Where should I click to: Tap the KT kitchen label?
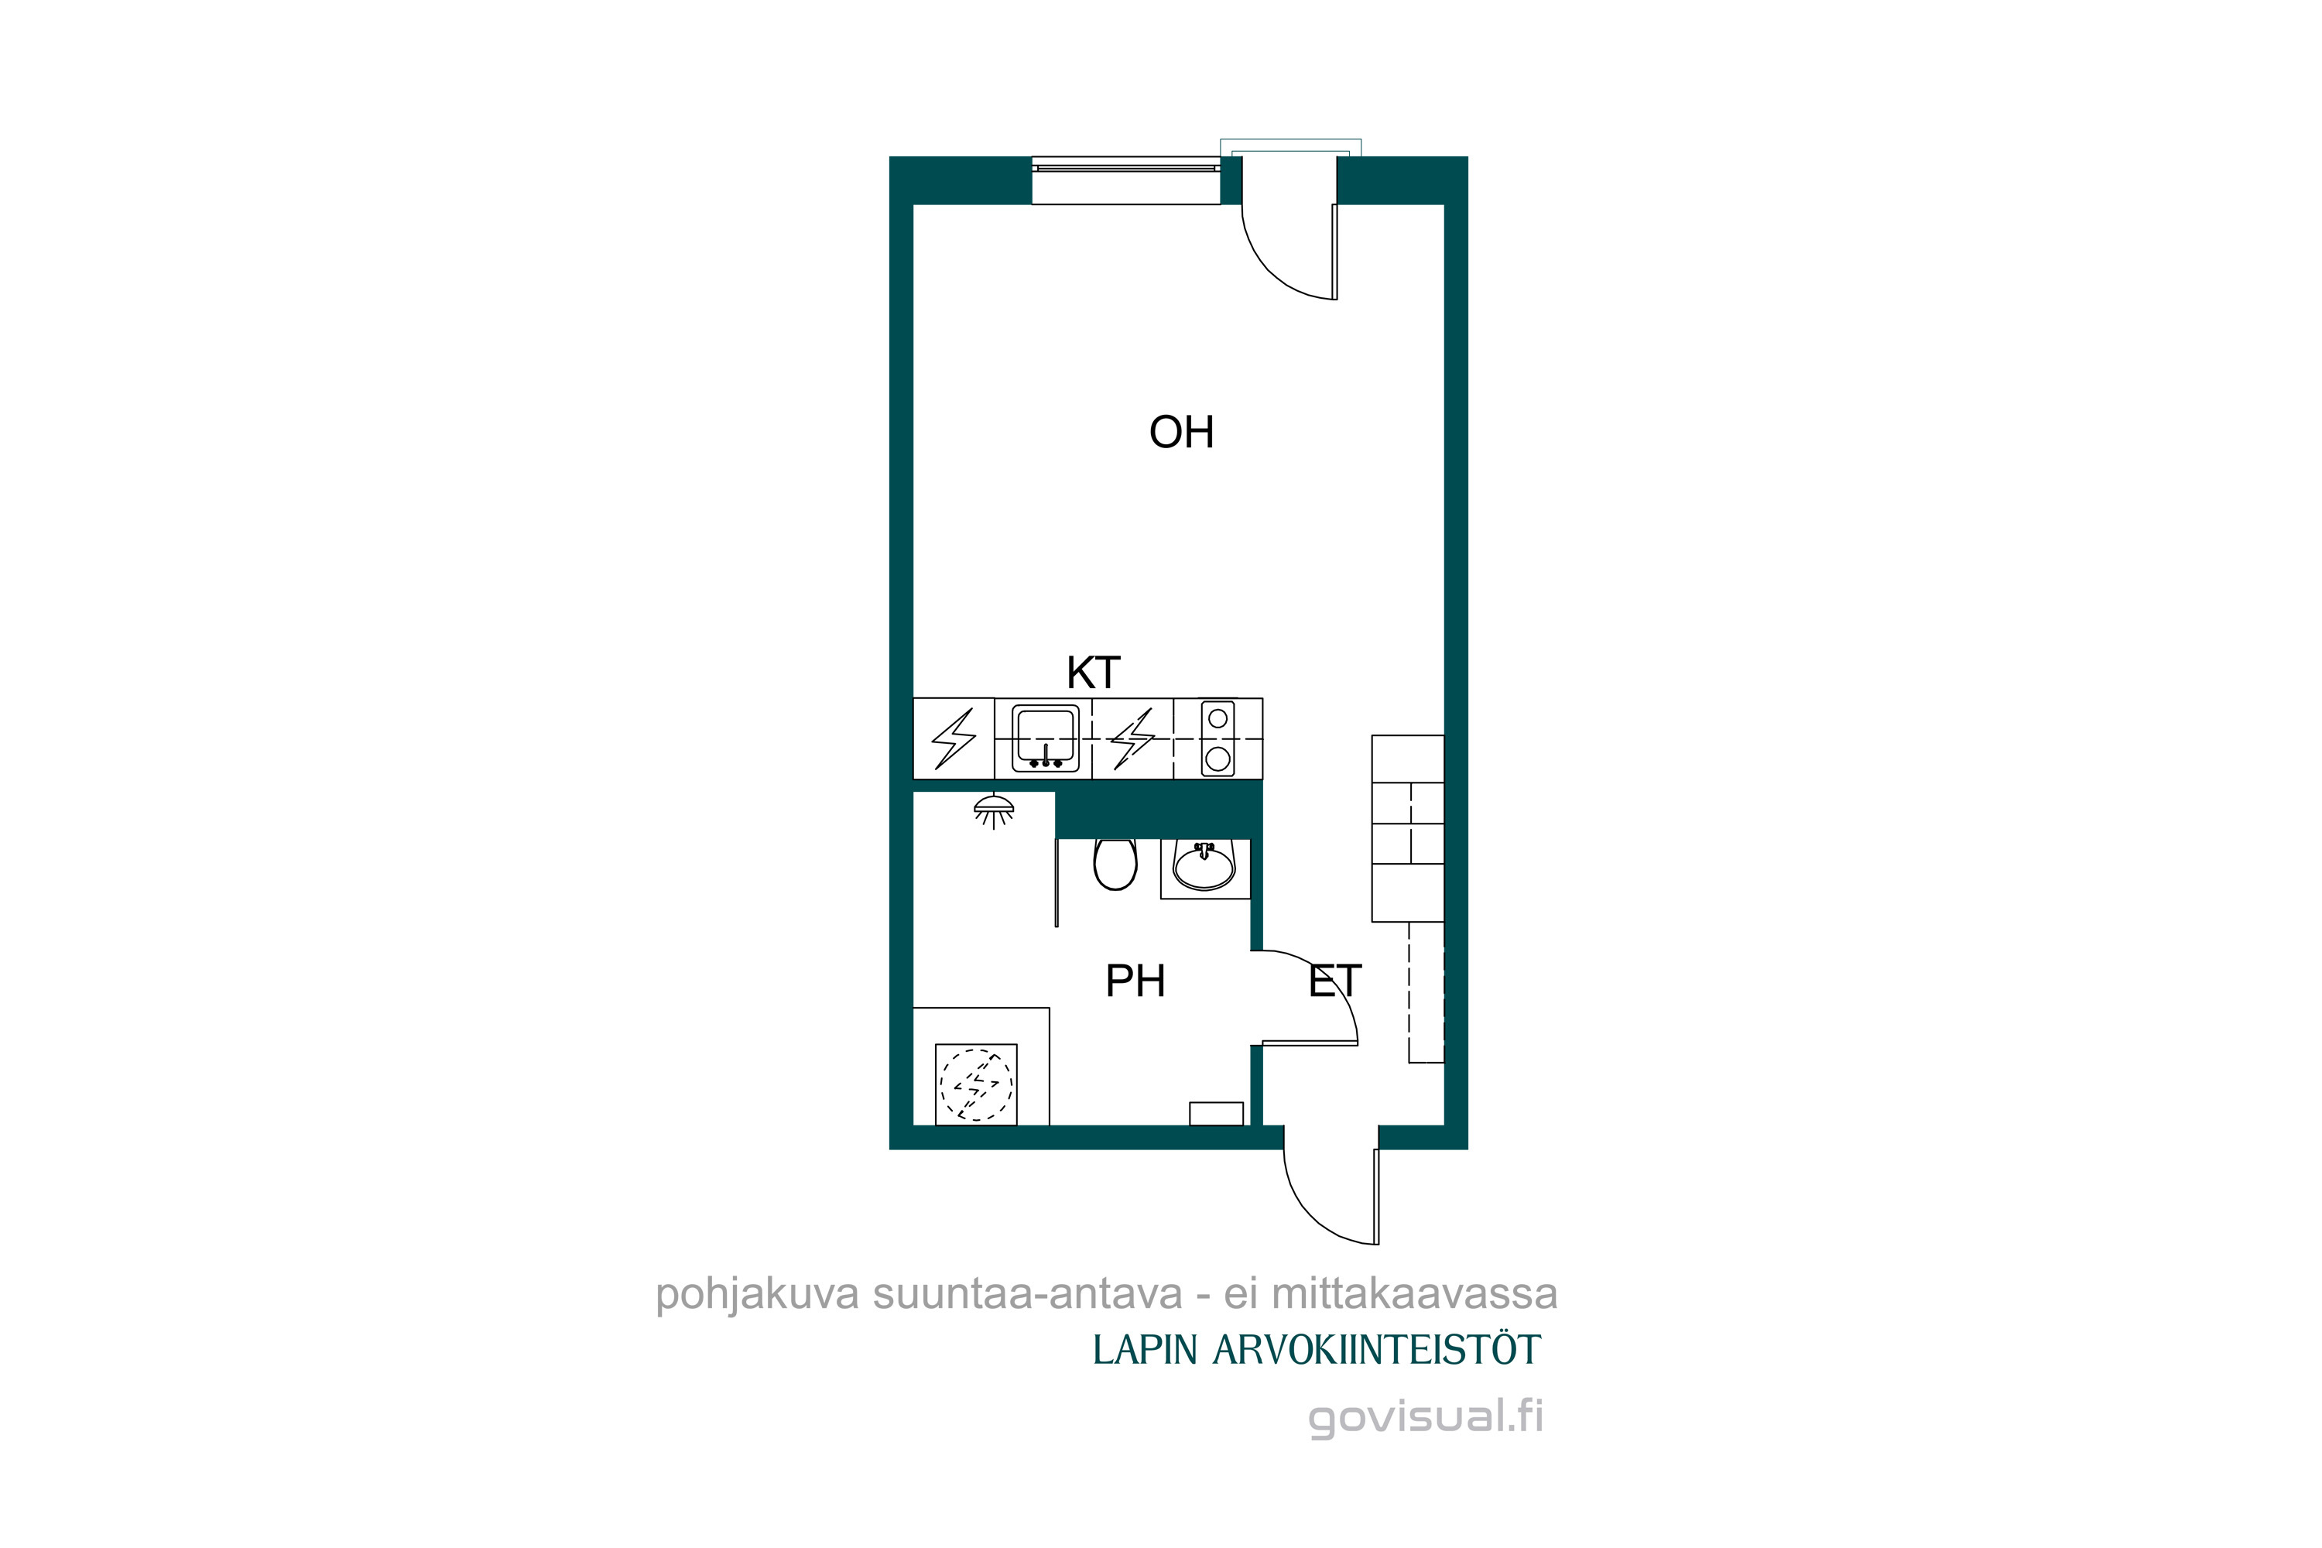click(1093, 673)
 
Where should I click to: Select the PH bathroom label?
click(1135, 981)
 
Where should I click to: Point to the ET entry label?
click(1334, 981)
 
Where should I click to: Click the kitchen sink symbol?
click(1044, 738)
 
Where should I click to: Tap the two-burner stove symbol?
click(1218, 738)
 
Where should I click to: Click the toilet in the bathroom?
click(1115, 864)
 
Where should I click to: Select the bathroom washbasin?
click(1204, 866)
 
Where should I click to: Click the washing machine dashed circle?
click(975, 1084)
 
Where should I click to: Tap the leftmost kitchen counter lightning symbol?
click(954, 738)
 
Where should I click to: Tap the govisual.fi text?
click(1425, 1418)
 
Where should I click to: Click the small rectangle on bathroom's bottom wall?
click(1216, 1114)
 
